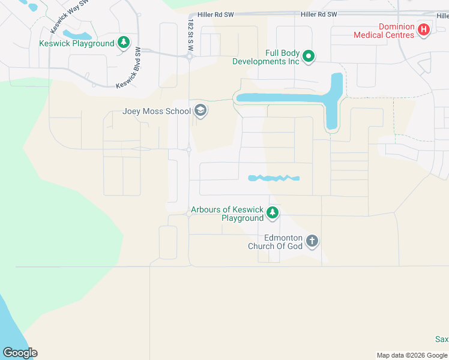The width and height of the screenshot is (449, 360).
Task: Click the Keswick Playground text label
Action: pyautogui.click(x=76, y=43)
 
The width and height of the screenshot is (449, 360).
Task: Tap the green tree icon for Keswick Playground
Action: pyautogui.click(x=124, y=43)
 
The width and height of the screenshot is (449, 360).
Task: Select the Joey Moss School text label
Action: pyautogui.click(x=156, y=111)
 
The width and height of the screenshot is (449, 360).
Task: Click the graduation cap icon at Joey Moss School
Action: pyautogui.click(x=200, y=111)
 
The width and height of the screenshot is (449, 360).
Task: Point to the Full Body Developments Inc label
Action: pyautogui.click(x=266, y=58)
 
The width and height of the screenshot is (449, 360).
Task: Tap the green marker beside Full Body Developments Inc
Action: pyautogui.click(x=309, y=57)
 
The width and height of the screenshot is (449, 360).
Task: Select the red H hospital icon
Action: pyautogui.click(x=424, y=30)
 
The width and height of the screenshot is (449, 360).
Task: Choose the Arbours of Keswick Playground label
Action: pyautogui.click(x=227, y=214)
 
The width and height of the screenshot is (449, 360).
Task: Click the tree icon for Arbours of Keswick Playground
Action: pyautogui.click(x=273, y=212)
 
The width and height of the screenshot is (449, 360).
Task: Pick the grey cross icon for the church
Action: pyautogui.click(x=312, y=242)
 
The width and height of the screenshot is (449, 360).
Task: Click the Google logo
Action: pyautogui.click(x=20, y=353)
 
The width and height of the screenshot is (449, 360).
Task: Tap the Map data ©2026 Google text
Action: pyautogui.click(x=411, y=355)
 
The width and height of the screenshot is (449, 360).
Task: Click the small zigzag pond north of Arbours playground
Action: pyautogui.click(x=274, y=178)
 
